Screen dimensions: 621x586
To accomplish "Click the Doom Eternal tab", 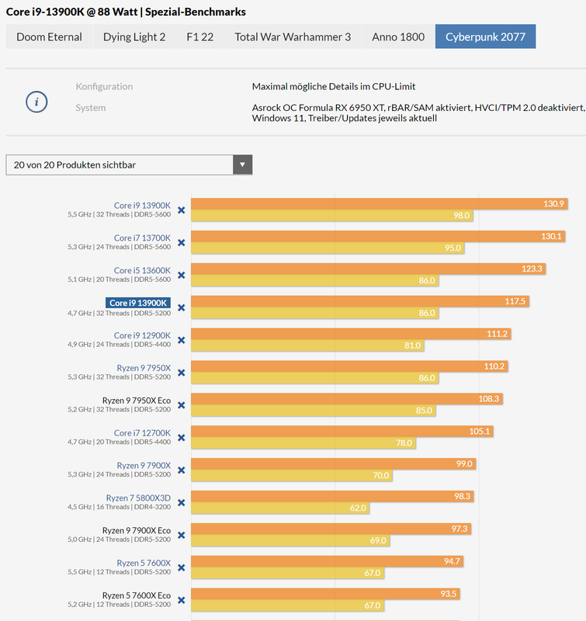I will [x=48, y=36].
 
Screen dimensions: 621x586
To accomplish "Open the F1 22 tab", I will [x=200, y=36].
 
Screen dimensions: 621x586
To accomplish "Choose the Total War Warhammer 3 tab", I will [x=293, y=36].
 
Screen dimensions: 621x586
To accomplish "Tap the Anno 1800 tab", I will [x=398, y=36].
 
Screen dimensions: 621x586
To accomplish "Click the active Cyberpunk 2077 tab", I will [x=485, y=36].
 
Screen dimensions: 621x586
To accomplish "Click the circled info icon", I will [x=36, y=102].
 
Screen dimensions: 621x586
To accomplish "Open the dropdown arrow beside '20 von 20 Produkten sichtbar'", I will [x=242, y=165].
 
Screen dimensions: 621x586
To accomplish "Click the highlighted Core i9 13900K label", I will [x=138, y=303].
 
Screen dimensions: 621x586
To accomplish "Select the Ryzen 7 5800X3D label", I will [x=138, y=498].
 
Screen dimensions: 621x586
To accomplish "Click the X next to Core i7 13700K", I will [x=181, y=242].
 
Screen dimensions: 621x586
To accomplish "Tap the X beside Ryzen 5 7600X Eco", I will [x=181, y=600].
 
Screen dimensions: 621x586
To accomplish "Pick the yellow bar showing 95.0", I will [x=326, y=248].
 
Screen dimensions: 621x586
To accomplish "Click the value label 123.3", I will [x=532, y=269].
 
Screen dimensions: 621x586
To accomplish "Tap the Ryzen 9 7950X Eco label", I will [x=137, y=401].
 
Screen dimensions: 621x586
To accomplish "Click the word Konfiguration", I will [x=104, y=86].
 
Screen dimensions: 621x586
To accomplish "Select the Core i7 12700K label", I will [x=142, y=432].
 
